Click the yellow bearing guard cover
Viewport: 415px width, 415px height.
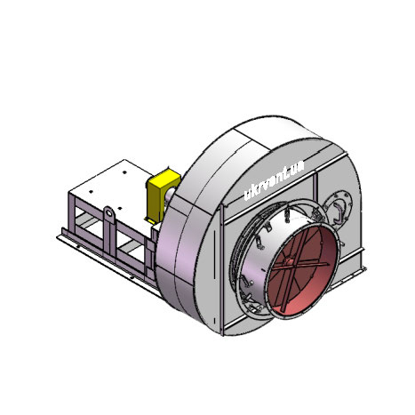[x=162, y=193]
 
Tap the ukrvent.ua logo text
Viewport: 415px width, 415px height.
[x=274, y=180]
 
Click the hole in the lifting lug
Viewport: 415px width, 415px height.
[x=109, y=213]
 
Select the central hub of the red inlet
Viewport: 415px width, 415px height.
[x=290, y=261]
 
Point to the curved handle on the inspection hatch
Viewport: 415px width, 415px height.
[x=337, y=211]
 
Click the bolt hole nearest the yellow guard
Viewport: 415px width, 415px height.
[x=124, y=172]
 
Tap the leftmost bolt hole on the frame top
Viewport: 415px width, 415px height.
[x=91, y=192]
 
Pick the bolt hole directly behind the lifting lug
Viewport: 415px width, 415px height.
[x=119, y=208]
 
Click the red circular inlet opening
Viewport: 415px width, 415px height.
[x=303, y=270]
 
